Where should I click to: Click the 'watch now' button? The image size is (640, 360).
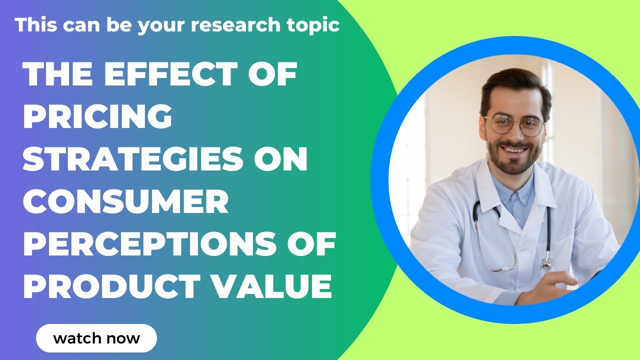coord(96,338)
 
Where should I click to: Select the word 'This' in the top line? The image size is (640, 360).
coord(34,25)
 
